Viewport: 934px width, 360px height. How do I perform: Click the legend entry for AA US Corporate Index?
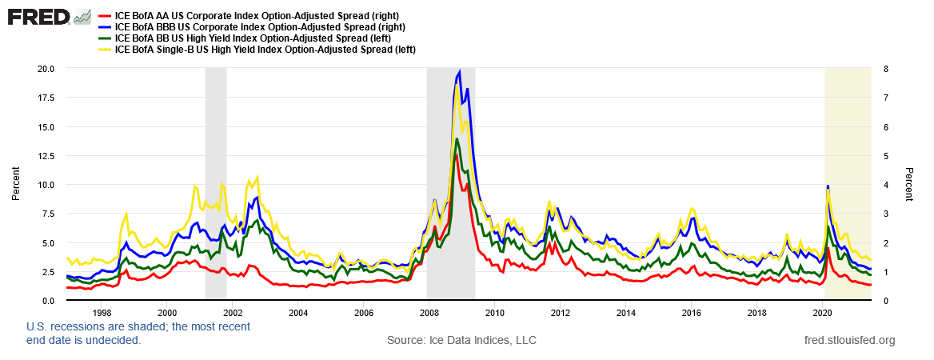coord(257,16)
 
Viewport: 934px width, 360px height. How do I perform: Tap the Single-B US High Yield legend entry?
coord(265,50)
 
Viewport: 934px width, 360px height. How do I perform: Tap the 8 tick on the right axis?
coord(880,69)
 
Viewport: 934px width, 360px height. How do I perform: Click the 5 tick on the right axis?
coord(880,156)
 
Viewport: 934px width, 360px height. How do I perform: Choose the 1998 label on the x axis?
coord(102,312)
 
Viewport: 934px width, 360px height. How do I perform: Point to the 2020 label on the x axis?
coord(823,312)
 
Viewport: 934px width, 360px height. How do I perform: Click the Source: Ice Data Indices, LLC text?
coord(461,341)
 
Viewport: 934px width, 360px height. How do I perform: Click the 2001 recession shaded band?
coord(216,184)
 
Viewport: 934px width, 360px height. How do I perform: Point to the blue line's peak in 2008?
coord(459,71)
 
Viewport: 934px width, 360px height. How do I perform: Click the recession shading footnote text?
coord(138,334)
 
